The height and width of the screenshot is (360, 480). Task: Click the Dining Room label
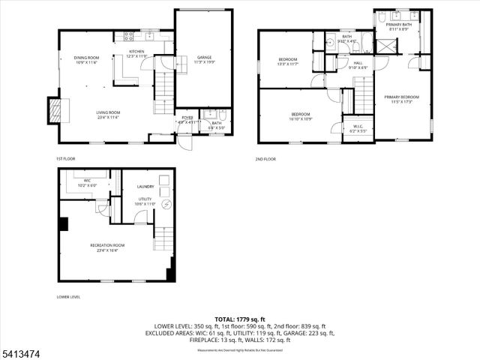pos(86,58)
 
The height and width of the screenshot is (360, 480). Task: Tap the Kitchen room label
pos(137,52)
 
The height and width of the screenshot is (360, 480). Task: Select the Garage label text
pos(204,57)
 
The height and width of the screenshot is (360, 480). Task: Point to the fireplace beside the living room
pos(52,111)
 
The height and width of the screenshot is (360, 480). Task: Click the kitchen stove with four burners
pos(128,35)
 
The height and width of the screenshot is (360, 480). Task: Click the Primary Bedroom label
pos(402,96)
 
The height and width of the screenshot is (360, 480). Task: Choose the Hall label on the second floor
pos(358,63)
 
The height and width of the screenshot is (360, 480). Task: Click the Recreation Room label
pos(107,245)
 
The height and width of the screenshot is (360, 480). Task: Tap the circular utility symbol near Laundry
pos(166,205)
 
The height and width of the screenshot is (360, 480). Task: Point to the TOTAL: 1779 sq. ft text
pos(240,319)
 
